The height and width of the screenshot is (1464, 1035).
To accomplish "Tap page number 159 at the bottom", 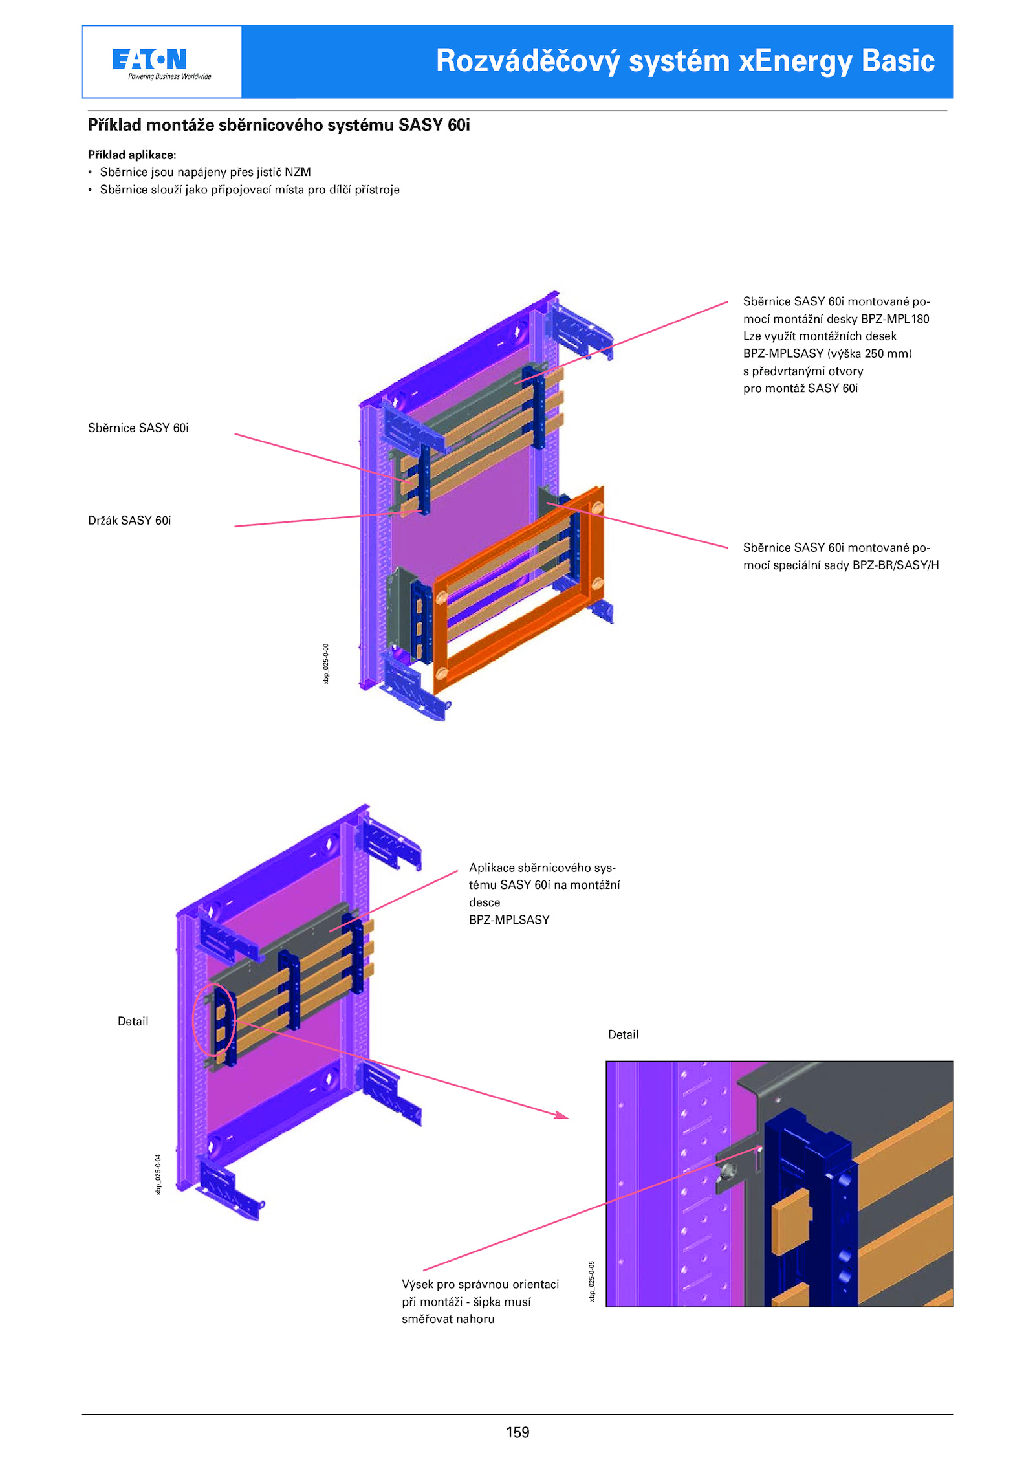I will pyautogui.click(x=517, y=1432).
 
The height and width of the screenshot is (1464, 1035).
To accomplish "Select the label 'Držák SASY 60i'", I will pyautogui.click(x=129, y=521).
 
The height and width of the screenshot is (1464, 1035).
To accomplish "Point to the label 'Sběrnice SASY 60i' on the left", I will pyautogui.click(x=138, y=428).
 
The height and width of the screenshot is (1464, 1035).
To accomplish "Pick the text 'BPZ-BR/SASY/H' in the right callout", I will pyautogui.click(x=895, y=565).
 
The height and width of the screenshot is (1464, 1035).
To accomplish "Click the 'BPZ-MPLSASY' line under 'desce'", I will pyautogui.click(x=509, y=920).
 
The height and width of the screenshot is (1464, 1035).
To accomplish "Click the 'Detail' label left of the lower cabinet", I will pyautogui.click(x=133, y=1022).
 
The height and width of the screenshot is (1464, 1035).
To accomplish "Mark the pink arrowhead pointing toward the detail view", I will pyautogui.click(x=561, y=1115).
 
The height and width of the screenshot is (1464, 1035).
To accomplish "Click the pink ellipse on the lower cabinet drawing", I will pyautogui.click(x=213, y=1020).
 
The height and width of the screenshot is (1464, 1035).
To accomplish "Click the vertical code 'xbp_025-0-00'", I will pyautogui.click(x=326, y=663).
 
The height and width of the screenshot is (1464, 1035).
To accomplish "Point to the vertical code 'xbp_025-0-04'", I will pyautogui.click(x=158, y=1174).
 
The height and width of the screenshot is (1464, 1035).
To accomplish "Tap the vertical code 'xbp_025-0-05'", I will pyautogui.click(x=591, y=1281).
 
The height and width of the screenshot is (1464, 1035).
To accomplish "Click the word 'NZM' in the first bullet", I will pyautogui.click(x=298, y=172).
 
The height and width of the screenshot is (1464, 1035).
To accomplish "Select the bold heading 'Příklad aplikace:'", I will pyautogui.click(x=132, y=155).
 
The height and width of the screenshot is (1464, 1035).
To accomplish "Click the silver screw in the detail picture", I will pyautogui.click(x=728, y=1170).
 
